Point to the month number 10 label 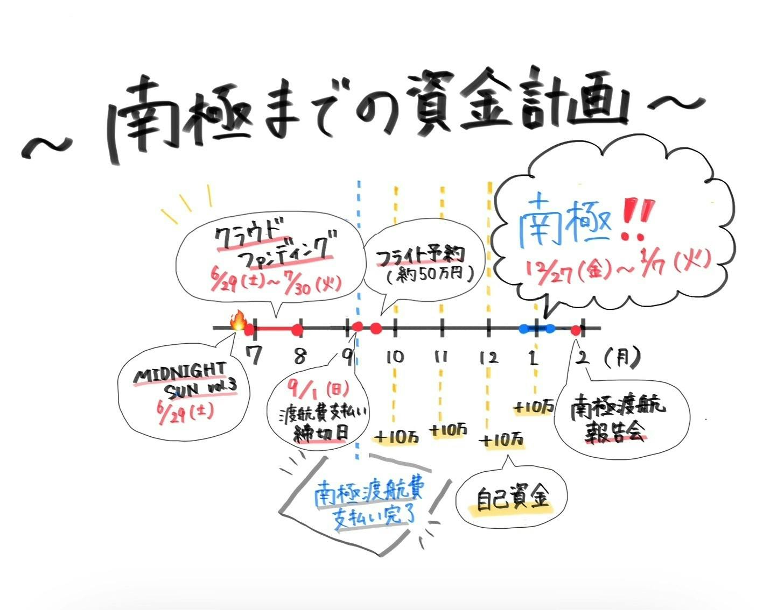pos(395,357)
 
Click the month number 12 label pos(488,358)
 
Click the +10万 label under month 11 pos(449,430)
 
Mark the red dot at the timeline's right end pos(576,330)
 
